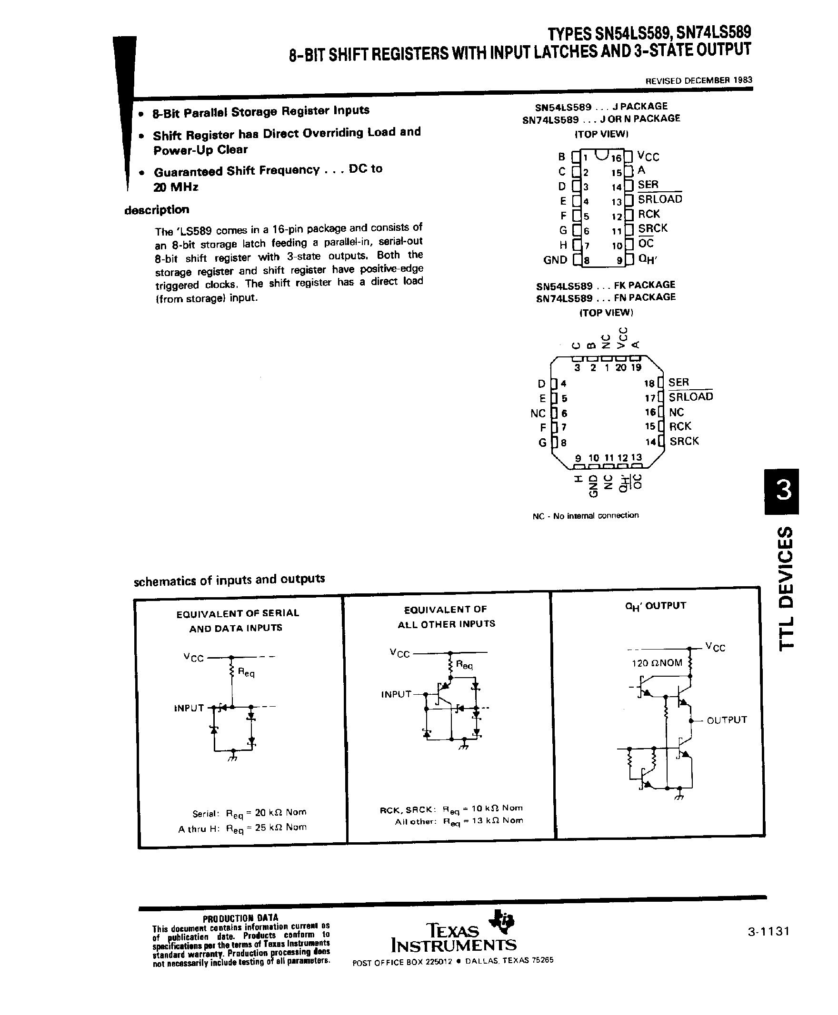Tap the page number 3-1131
[768, 945]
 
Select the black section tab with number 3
[781, 491]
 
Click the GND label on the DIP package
[555, 260]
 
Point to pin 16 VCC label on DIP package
[648, 157]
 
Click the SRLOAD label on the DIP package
[660, 199]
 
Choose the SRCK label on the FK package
[684, 441]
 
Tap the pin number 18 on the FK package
[649, 383]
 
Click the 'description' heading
[157, 210]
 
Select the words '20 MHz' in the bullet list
[176, 187]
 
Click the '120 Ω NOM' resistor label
[657, 663]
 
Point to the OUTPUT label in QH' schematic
[727, 720]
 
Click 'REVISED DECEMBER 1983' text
[698, 80]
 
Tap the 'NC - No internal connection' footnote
[585, 516]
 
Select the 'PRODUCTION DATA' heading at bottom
[240, 918]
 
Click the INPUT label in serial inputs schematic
[189, 708]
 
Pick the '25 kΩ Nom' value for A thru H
[280, 828]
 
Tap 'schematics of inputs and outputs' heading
[229, 580]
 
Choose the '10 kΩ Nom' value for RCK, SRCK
[497, 808]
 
